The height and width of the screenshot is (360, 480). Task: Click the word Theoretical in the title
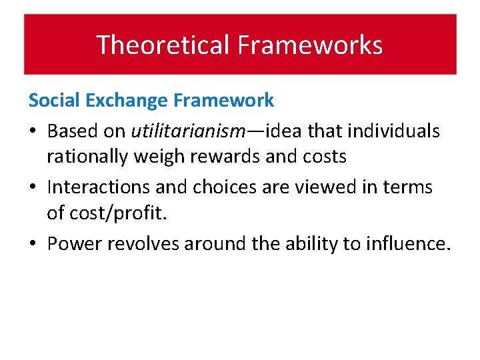(x=163, y=45)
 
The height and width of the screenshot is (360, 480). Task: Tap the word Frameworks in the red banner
(x=310, y=45)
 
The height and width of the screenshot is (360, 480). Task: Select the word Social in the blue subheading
(x=50, y=101)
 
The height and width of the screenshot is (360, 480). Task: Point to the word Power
(x=74, y=243)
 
